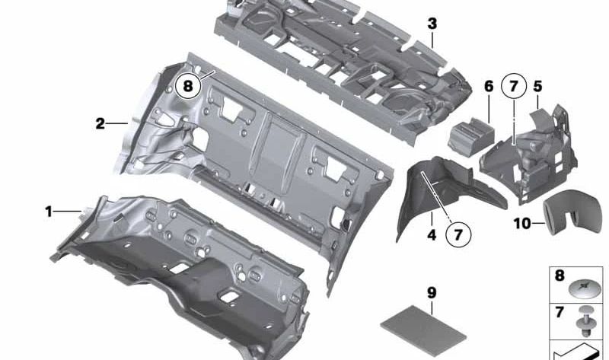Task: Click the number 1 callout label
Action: point(49,212)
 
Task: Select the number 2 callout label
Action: point(100,124)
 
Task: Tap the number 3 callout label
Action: point(432,24)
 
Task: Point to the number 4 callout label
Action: point(432,235)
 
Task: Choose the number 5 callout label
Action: point(537,86)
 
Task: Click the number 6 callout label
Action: point(489,86)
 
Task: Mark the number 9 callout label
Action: point(432,293)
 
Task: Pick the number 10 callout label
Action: point(522,223)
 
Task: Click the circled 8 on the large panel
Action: point(188,86)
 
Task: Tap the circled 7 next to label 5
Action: point(513,86)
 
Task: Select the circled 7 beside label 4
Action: point(458,234)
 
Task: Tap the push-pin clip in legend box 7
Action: point(584,322)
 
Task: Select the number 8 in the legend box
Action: point(560,276)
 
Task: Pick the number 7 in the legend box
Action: point(560,312)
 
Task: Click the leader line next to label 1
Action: point(68,212)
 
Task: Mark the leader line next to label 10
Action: point(538,223)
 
